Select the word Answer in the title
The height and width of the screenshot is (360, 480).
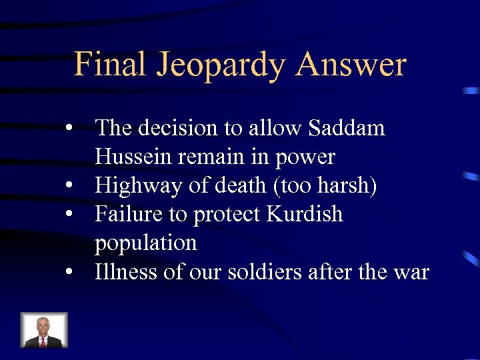coord(352,65)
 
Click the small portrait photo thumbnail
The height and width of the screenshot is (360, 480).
coord(44,330)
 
